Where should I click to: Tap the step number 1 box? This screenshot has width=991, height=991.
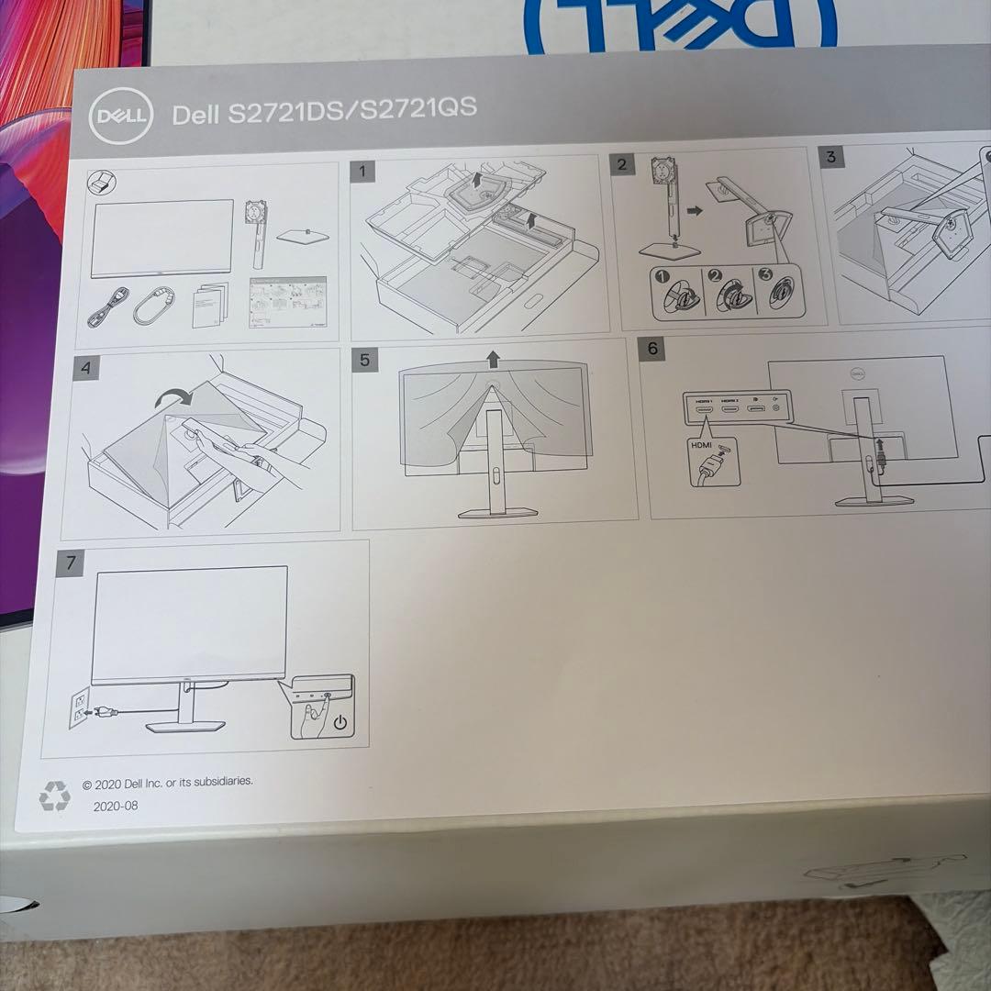coord(363,170)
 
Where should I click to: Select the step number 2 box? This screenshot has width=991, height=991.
coord(622,164)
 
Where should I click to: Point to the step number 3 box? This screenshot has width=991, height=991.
coord(831,156)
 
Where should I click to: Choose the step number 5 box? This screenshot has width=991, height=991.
coord(364,359)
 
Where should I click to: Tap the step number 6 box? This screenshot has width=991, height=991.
coord(652,349)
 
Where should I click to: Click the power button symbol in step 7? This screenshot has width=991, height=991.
coord(340,722)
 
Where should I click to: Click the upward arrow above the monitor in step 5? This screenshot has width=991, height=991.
coord(495,357)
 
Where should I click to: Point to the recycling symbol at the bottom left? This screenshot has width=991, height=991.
coord(54,795)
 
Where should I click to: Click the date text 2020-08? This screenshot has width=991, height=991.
coord(116,806)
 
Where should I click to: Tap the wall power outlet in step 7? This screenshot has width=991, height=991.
coord(80,708)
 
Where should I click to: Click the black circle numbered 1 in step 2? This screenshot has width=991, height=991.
coord(661,275)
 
